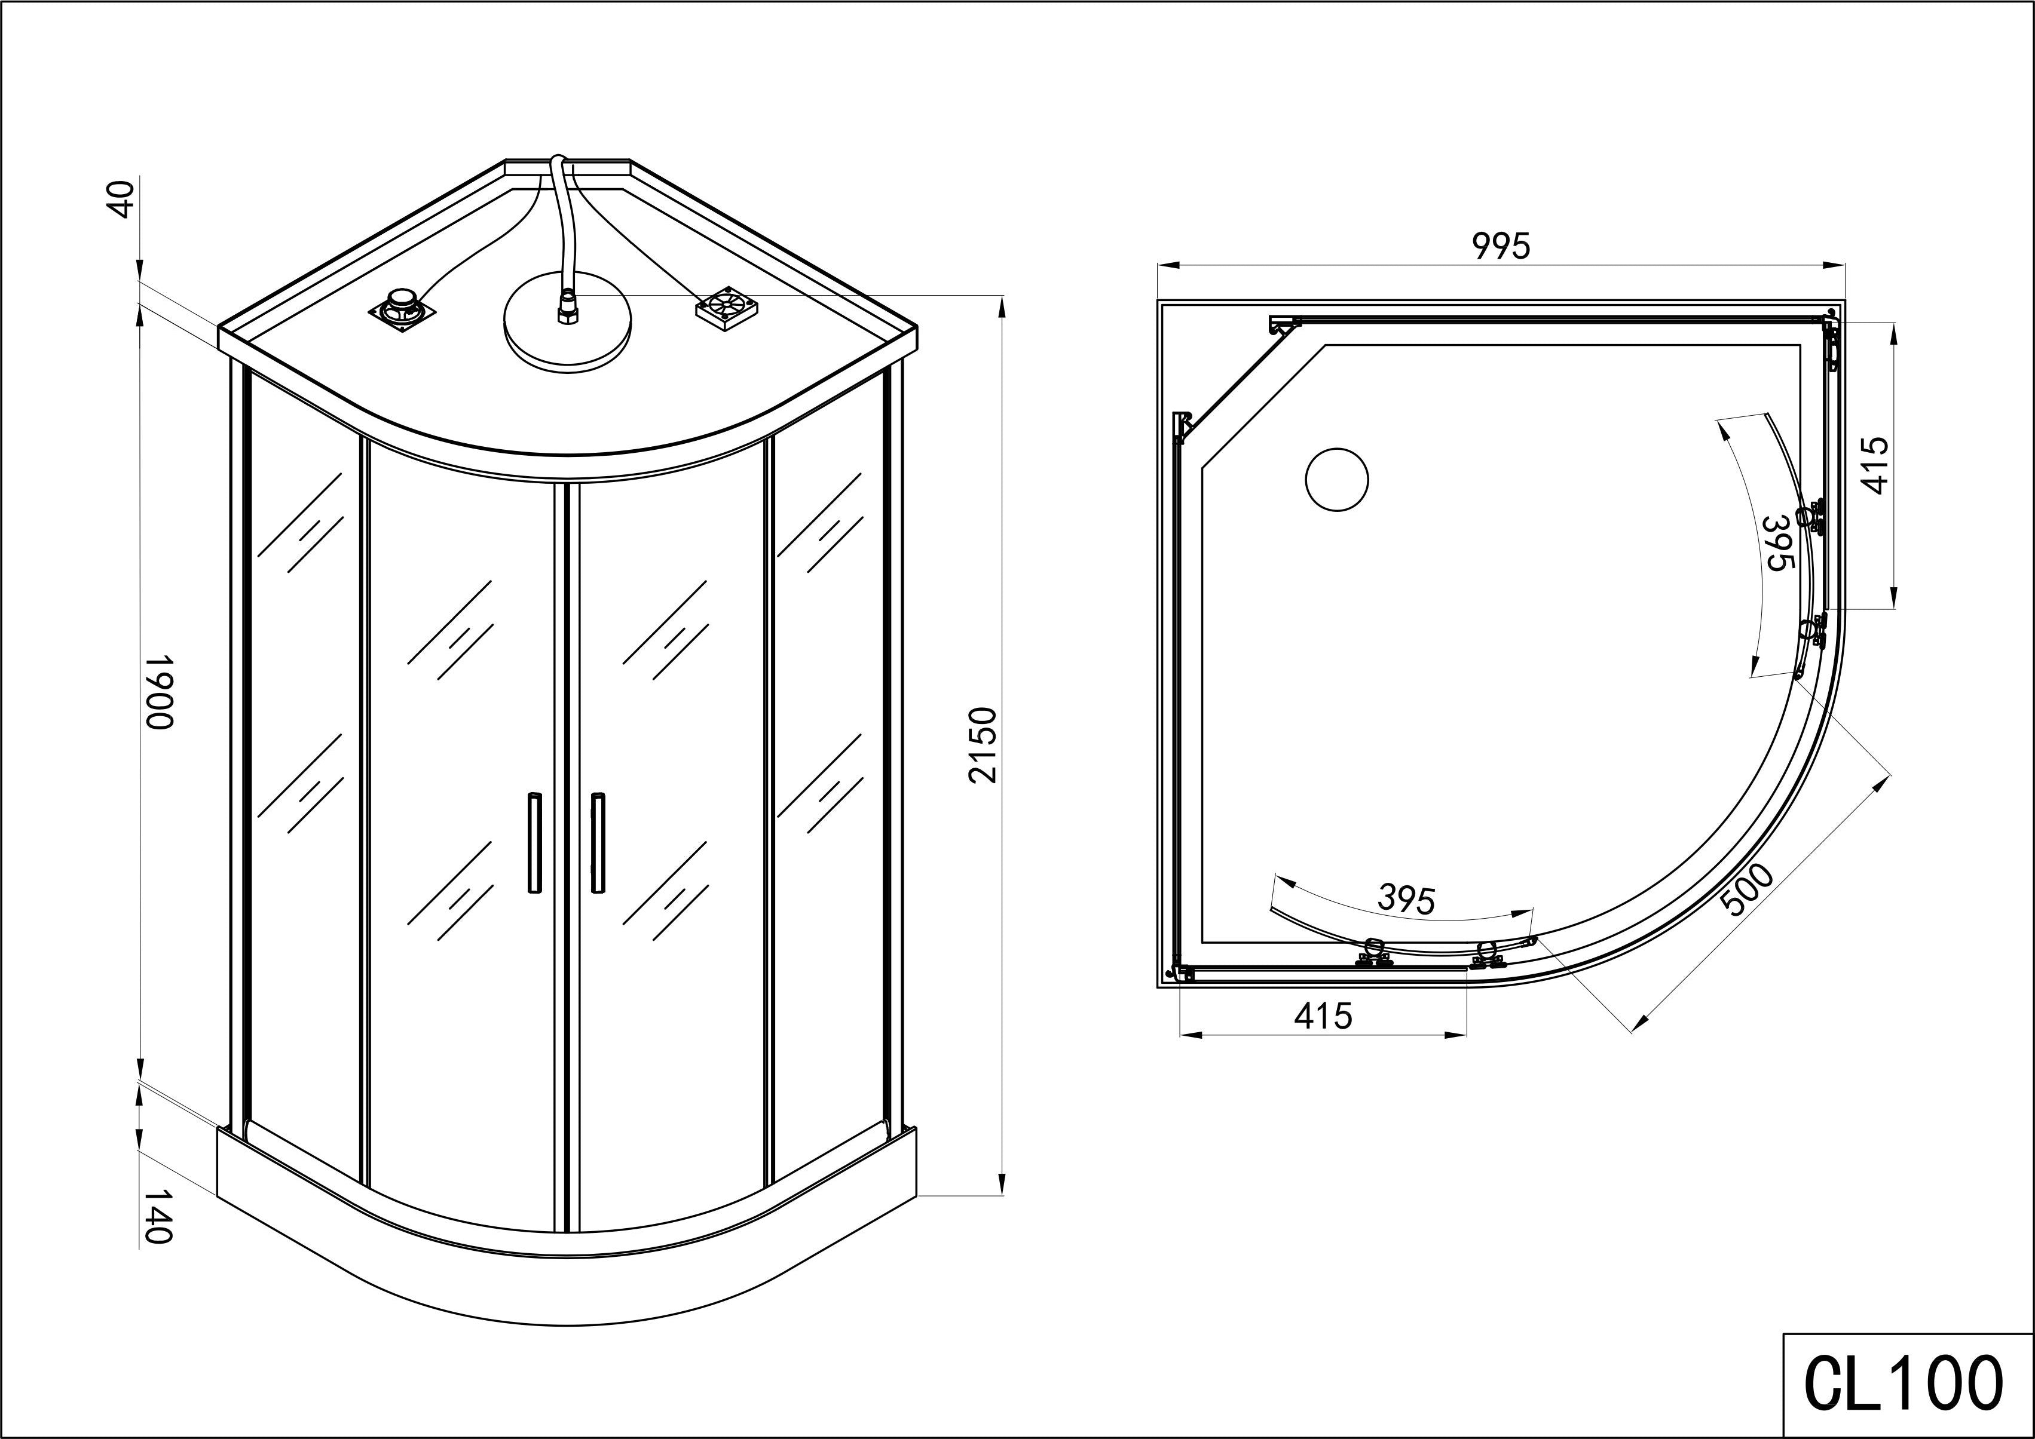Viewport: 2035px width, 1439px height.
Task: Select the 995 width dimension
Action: pyautogui.click(x=1501, y=246)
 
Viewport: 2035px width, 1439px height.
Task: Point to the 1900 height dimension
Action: pyautogui.click(x=158, y=693)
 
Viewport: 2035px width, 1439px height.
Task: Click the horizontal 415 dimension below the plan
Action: pyautogui.click(x=1323, y=1016)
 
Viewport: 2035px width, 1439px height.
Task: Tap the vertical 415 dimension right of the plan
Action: pyautogui.click(x=1875, y=465)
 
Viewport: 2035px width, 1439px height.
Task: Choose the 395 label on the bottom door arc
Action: pyautogui.click(x=1407, y=900)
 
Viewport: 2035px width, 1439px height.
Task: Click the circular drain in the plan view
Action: pyautogui.click(x=1336, y=480)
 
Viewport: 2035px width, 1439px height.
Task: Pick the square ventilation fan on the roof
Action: pyautogui.click(x=727, y=306)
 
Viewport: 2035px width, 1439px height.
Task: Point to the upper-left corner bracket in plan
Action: pyautogui.click(x=1283, y=325)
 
